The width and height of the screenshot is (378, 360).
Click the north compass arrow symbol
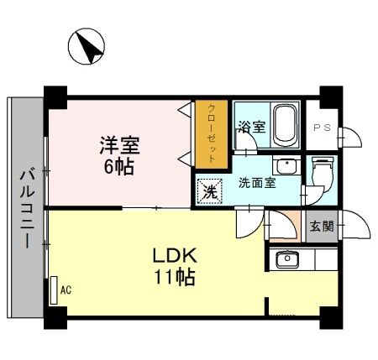(x=87, y=48)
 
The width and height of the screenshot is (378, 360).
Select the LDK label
(x=174, y=255)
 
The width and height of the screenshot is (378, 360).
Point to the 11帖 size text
(x=174, y=276)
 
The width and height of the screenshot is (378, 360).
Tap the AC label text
(x=66, y=290)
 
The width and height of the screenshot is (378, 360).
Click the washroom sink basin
(x=286, y=164)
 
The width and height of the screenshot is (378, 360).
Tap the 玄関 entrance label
(x=319, y=227)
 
